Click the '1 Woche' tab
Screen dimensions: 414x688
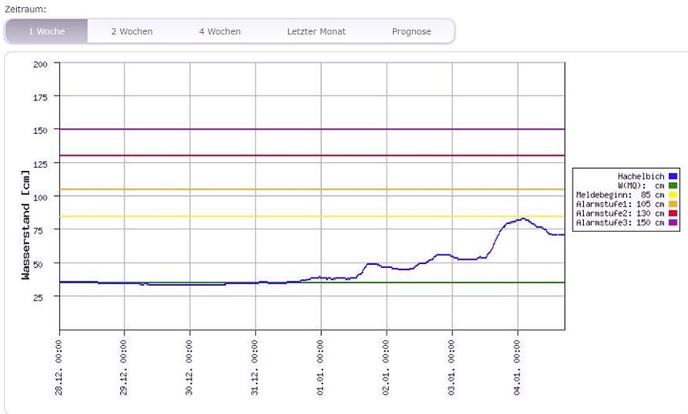(46, 31)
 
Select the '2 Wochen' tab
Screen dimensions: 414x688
(132, 31)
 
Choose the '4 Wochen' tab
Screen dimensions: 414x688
(220, 31)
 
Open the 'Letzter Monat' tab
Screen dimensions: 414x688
(316, 31)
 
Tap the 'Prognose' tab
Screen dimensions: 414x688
(411, 31)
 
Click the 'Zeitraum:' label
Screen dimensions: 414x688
(26, 8)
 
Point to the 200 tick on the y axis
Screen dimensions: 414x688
(40, 63)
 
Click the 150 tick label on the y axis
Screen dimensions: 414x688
(40, 130)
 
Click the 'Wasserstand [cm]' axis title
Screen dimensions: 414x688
(26, 225)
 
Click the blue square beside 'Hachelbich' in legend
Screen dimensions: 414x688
(674, 176)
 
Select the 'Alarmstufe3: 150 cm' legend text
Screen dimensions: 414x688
(620, 222)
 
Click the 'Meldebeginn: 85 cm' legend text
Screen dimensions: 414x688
(620, 194)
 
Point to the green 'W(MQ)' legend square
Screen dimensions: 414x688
(674, 185)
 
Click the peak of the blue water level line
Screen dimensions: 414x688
(523, 218)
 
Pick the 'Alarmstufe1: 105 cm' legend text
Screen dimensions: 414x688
(620, 204)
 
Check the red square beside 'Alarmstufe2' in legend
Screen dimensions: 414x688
(674, 213)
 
